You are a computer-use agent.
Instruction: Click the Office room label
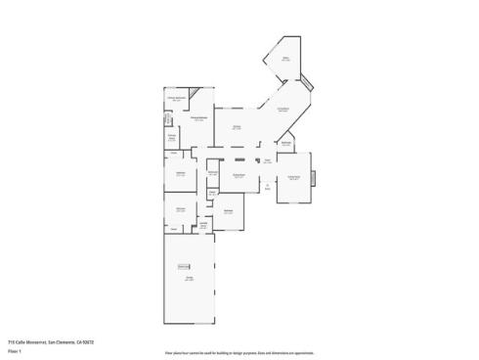286,60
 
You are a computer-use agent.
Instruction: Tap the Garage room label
189,279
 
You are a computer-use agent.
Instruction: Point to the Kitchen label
237,127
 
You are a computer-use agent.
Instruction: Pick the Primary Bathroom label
176,100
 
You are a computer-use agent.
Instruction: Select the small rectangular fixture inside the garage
183,266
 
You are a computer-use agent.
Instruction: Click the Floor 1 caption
14,350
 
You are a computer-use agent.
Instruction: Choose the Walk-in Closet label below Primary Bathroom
171,137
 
